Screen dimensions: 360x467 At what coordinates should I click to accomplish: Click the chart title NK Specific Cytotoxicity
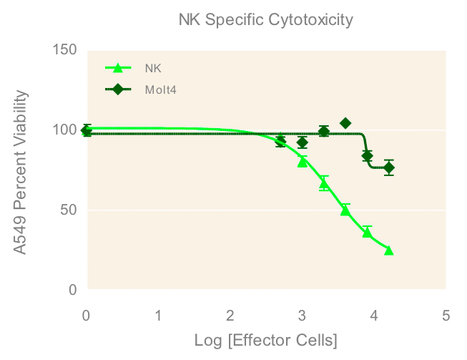click(x=265, y=20)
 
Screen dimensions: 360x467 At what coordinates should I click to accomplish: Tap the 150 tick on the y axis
click(x=64, y=50)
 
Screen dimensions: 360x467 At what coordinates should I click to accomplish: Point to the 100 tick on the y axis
click(x=64, y=130)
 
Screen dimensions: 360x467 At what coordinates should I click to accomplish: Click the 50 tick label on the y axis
click(x=68, y=210)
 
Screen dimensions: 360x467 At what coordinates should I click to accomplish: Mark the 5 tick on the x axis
click(x=446, y=315)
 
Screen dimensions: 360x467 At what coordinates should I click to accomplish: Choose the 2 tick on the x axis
click(x=230, y=315)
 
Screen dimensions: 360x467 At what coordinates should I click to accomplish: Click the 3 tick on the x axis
click(x=303, y=315)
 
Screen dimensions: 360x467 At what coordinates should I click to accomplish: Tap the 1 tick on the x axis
click(x=158, y=315)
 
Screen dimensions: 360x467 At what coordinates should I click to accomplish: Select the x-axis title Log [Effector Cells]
click(x=266, y=339)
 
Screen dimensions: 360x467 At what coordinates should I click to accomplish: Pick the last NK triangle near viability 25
click(x=389, y=250)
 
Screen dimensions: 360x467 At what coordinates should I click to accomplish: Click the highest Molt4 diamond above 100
click(x=345, y=123)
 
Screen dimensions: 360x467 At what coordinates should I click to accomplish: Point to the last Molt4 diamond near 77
click(x=389, y=168)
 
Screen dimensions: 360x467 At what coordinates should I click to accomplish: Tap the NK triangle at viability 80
click(x=303, y=162)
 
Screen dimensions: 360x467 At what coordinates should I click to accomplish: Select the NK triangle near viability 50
click(x=345, y=210)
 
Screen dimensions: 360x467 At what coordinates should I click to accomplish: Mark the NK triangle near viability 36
click(x=368, y=232)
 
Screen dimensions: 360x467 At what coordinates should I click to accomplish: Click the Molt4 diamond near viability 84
click(x=368, y=155)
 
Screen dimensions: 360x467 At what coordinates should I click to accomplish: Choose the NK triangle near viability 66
click(x=324, y=184)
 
